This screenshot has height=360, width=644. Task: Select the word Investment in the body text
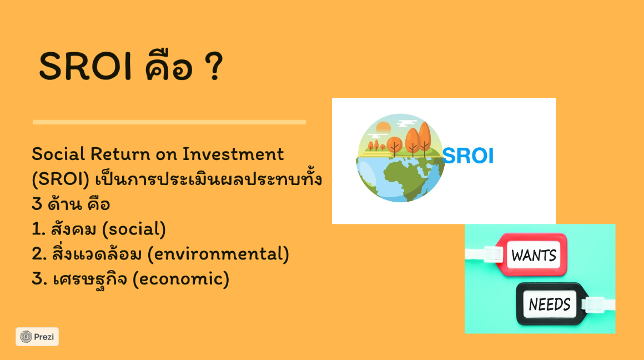click(x=233, y=154)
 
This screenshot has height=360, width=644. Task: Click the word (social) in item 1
click(x=134, y=229)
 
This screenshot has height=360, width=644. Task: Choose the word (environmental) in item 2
click(x=218, y=254)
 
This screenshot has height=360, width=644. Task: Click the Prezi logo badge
click(x=37, y=337)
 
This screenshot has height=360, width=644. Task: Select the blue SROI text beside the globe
click(x=468, y=156)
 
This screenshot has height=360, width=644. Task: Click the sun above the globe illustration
click(x=383, y=127)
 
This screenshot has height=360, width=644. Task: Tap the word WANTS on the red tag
click(x=534, y=256)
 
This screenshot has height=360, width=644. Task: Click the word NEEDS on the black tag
click(x=550, y=304)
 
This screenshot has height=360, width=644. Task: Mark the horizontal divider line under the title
click(x=169, y=122)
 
